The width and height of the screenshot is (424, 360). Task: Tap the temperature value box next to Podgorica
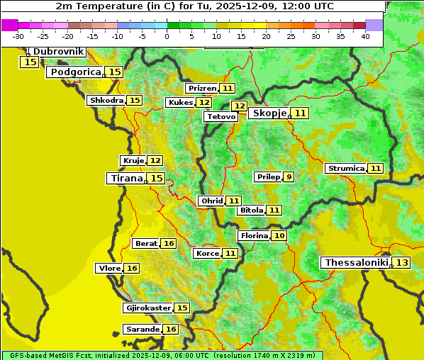click(114, 72)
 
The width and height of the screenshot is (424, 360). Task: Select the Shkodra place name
click(106, 100)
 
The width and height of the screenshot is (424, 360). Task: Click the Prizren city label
click(201, 88)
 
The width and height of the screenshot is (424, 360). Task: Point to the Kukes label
click(180, 102)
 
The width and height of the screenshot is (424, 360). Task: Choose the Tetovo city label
click(221, 116)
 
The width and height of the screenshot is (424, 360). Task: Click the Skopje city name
click(269, 113)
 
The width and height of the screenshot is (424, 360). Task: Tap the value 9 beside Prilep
click(289, 176)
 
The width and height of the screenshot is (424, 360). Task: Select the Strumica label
click(346, 168)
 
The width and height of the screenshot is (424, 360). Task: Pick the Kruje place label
click(133, 160)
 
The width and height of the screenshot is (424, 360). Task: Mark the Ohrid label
click(212, 201)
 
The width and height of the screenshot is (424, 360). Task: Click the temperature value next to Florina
click(279, 235)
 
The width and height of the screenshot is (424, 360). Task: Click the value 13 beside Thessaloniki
click(402, 262)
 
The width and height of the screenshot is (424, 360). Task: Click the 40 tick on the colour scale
click(365, 36)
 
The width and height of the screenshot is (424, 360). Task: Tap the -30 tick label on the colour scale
click(18, 36)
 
